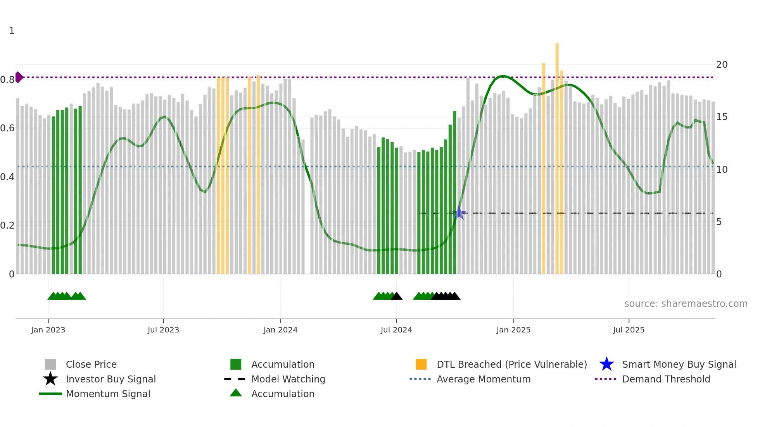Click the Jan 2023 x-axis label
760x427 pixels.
tap(48, 330)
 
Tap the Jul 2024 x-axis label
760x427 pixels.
tap(396, 330)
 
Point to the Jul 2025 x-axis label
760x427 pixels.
tap(629, 330)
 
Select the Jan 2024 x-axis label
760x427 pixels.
tap(280, 330)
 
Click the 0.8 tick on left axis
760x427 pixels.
tap(7, 80)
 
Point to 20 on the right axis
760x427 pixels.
tap(722, 65)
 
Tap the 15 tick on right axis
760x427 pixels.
tap(722, 117)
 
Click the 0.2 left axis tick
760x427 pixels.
tap(7, 226)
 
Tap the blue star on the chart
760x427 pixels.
tap(459, 213)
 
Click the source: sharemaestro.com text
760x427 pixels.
tap(686, 304)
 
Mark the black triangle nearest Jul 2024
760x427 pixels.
tap(396, 296)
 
